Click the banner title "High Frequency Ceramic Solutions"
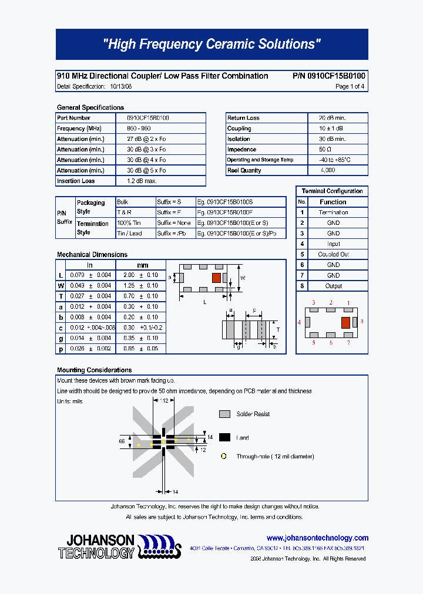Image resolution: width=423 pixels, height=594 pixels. click(211, 45)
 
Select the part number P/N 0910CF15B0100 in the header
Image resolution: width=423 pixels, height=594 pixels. click(328, 76)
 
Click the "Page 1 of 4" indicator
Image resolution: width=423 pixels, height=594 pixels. click(350, 87)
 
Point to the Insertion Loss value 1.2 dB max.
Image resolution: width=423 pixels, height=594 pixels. click(142, 181)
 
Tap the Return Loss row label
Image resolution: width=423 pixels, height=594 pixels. click(243, 118)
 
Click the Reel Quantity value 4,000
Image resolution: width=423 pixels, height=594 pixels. click(328, 170)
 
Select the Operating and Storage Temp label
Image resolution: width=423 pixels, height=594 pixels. click(260, 160)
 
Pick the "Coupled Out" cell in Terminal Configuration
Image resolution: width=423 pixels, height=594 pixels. click(333, 255)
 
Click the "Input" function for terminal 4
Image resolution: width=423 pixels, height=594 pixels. click(333, 244)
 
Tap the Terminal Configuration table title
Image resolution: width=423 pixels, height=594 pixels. click(332, 191)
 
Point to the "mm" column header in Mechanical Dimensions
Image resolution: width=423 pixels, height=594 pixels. click(143, 265)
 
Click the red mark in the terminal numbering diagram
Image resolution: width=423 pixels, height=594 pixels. click(345, 322)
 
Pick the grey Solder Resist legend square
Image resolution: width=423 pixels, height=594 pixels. click(224, 414)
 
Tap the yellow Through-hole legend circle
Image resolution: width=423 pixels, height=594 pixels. click(224, 456)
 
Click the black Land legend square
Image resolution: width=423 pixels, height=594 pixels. click(224, 437)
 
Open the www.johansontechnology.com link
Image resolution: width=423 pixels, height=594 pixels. click(317, 538)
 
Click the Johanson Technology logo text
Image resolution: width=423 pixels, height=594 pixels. click(97, 546)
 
